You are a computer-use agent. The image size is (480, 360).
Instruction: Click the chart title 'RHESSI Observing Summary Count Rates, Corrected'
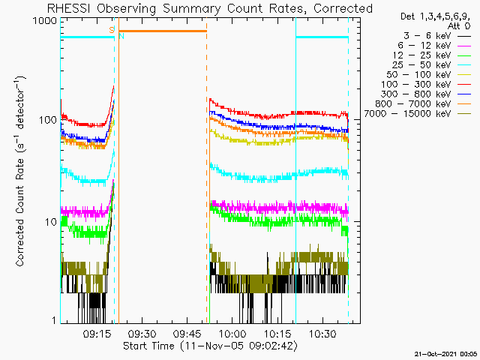(210, 8)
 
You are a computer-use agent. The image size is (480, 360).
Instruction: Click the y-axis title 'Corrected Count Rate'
(20, 212)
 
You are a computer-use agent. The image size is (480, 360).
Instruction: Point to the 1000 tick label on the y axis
(45, 21)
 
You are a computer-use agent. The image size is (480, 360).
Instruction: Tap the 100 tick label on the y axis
(48, 120)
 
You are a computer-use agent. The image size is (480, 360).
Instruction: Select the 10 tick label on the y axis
(51, 222)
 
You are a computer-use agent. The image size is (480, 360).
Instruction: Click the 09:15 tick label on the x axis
(97, 334)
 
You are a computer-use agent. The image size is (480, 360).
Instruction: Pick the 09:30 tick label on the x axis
(142, 334)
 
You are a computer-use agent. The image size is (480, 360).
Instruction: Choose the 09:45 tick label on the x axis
(187, 334)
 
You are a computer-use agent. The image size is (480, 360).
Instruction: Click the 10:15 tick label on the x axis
(277, 334)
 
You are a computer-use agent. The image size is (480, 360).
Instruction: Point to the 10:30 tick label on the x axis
(322, 334)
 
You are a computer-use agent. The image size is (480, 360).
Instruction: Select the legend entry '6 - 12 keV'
(434, 46)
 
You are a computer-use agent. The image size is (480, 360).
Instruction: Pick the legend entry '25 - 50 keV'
(431, 65)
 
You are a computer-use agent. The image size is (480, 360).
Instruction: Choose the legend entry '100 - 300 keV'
(426, 85)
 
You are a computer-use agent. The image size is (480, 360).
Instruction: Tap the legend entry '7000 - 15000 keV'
(417, 114)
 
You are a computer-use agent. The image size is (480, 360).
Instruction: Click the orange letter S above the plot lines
(112, 30)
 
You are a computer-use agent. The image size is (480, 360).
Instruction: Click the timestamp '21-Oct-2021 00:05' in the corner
(445, 354)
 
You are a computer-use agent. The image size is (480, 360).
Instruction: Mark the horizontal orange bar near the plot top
(163, 31)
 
